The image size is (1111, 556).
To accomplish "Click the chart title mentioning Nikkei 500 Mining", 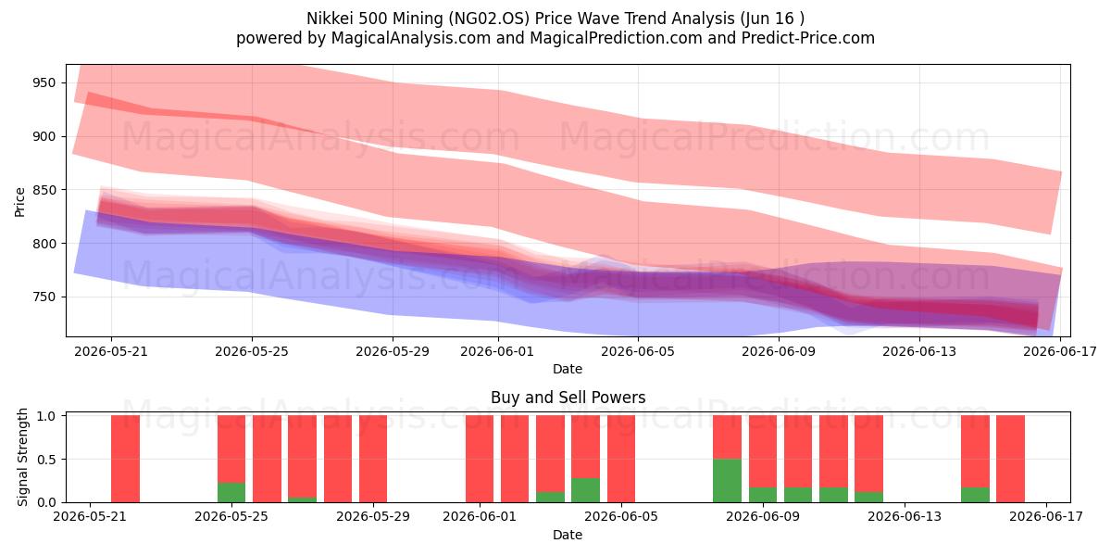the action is pos(555,19).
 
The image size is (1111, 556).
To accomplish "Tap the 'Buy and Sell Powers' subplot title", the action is pos(568,398).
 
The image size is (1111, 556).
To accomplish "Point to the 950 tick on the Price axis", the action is pos(44,82).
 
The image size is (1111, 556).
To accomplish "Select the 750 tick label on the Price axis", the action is pos(44,297).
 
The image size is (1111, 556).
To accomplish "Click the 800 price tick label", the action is pos(44,244).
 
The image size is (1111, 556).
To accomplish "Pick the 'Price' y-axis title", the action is pos(19,202).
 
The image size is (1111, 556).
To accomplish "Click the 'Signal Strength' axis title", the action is pos(22,457).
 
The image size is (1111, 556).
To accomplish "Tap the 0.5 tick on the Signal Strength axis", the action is pos(46,460).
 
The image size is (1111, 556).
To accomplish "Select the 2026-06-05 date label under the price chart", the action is pos(638,351).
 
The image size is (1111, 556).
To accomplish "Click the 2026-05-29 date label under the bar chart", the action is pos(373,517).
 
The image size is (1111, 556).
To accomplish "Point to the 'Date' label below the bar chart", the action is pos(568,535).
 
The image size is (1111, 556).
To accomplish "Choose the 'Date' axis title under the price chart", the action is pos(568,369).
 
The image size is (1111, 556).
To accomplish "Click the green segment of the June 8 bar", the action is pos(727,481).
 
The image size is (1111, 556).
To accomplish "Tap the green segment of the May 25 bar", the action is pos(231,492).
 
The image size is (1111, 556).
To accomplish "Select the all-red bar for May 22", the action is pos(126,459).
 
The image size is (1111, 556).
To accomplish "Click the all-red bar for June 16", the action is pos(1010,459).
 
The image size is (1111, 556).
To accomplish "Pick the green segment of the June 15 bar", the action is pos(975,495).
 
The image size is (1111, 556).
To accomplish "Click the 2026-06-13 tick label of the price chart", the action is pos(919,351).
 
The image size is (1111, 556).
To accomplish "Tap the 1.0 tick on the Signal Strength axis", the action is pos(46,415).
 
